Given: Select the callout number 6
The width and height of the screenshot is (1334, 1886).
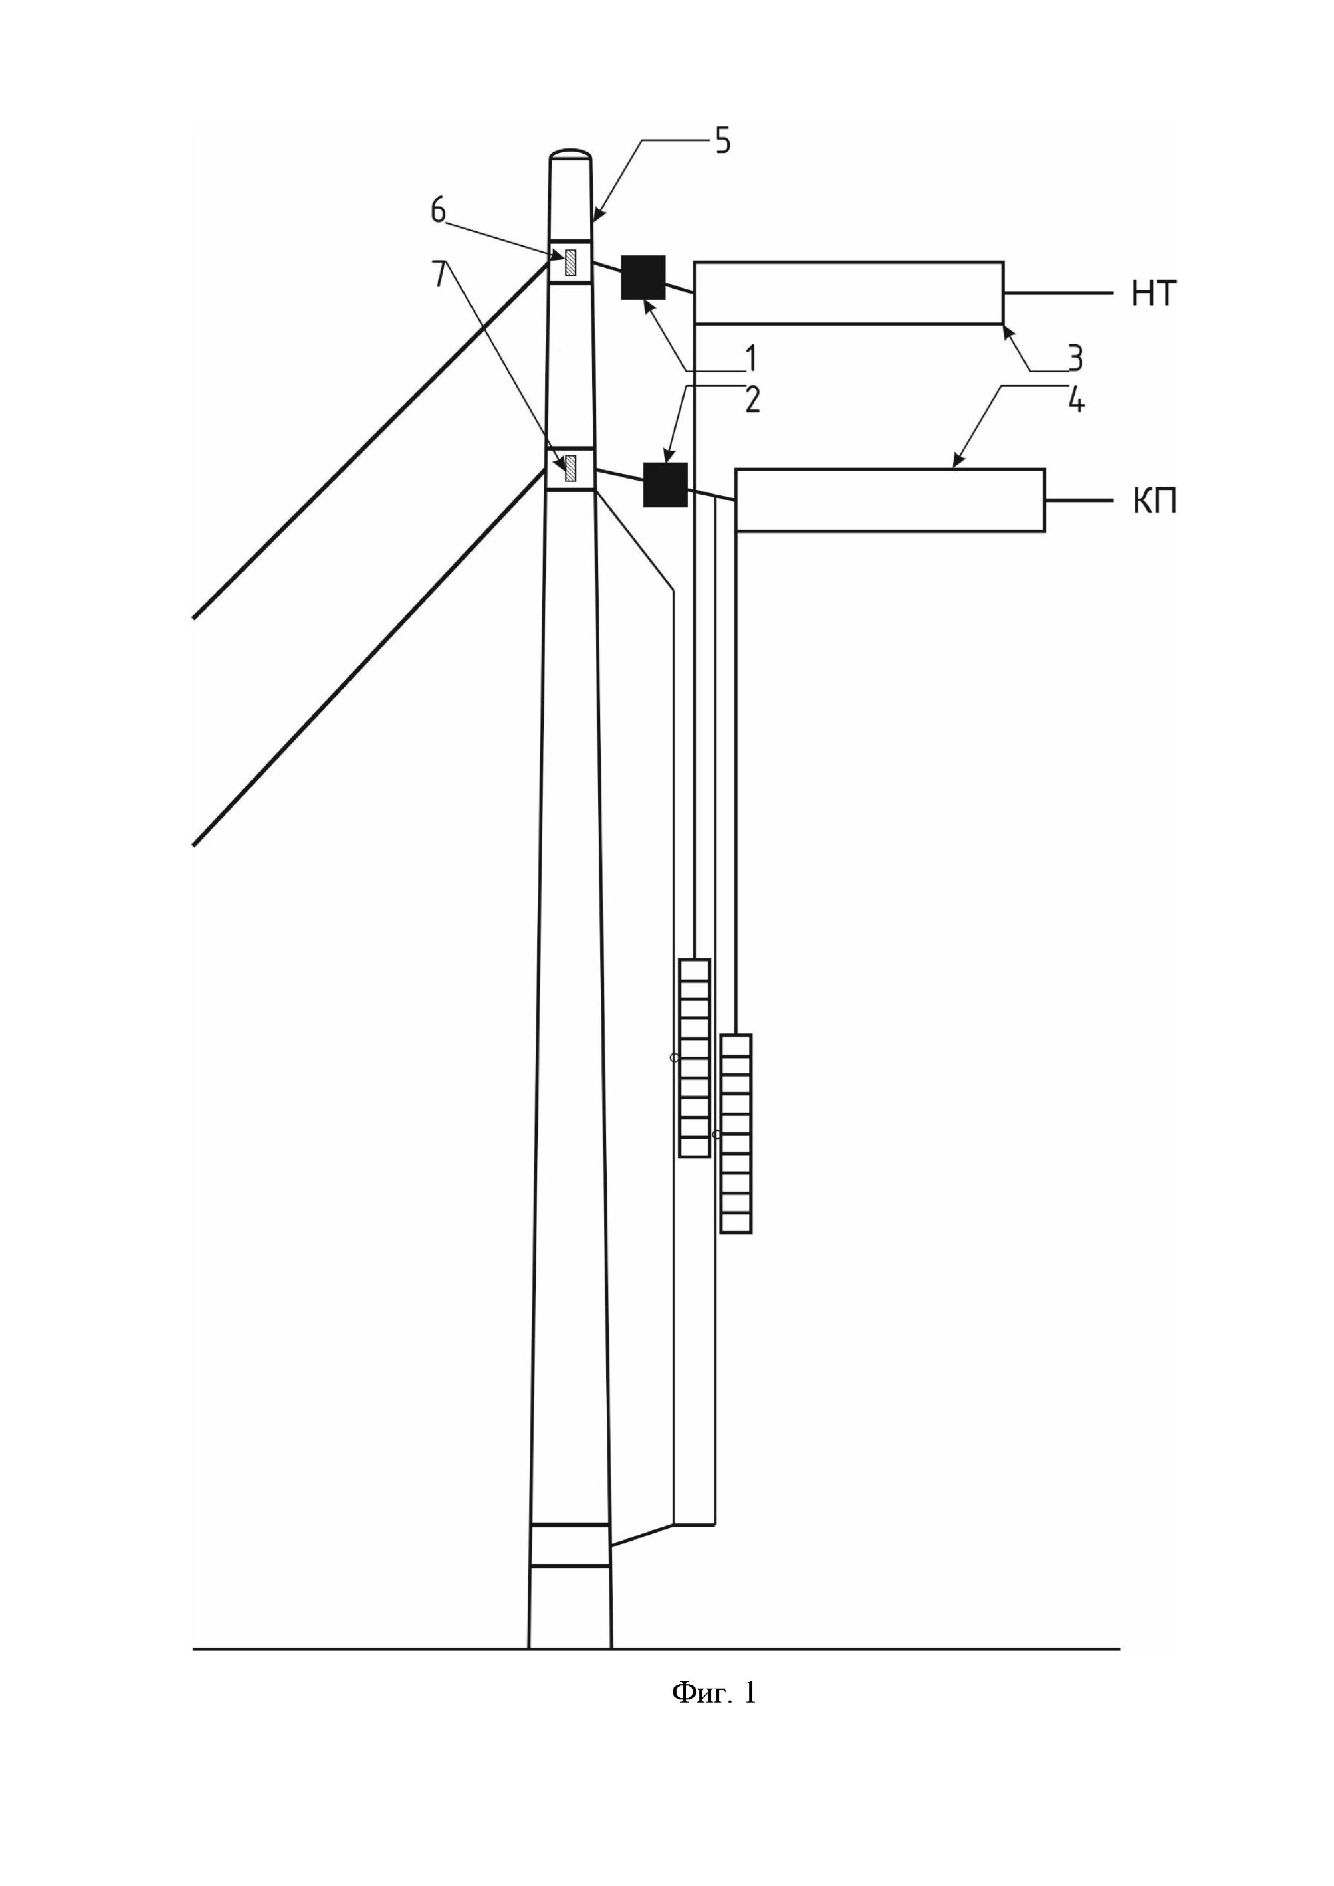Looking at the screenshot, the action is pos(438,211).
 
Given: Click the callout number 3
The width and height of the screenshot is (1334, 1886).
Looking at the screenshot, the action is pos(1074,358).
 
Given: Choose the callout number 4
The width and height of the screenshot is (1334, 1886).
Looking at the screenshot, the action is pos(1075,400).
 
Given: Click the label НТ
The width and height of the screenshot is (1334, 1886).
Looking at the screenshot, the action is pos(1153,293).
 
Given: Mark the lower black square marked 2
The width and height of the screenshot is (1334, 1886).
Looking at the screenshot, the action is pos(664,485).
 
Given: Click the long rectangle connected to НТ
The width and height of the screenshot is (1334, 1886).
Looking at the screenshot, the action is pos(848,293).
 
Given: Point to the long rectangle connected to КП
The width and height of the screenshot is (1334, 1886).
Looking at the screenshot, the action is pos(890,500).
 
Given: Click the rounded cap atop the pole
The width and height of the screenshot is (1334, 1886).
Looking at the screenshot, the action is pos(571,154).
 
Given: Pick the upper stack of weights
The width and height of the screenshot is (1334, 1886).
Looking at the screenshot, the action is pos(694,1058).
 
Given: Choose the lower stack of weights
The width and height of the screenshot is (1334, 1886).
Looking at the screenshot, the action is pos(736,1134).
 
